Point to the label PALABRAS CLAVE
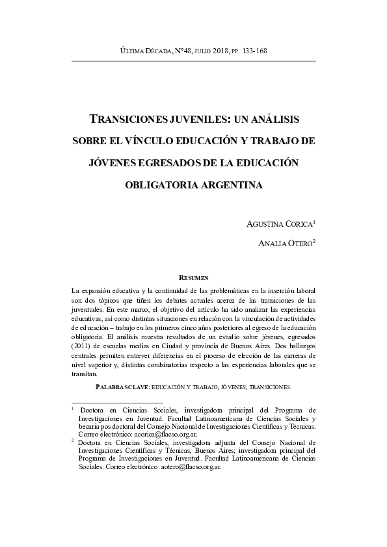point(122,387)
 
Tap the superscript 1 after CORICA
point(314,221)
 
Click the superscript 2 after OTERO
point(314,241)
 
